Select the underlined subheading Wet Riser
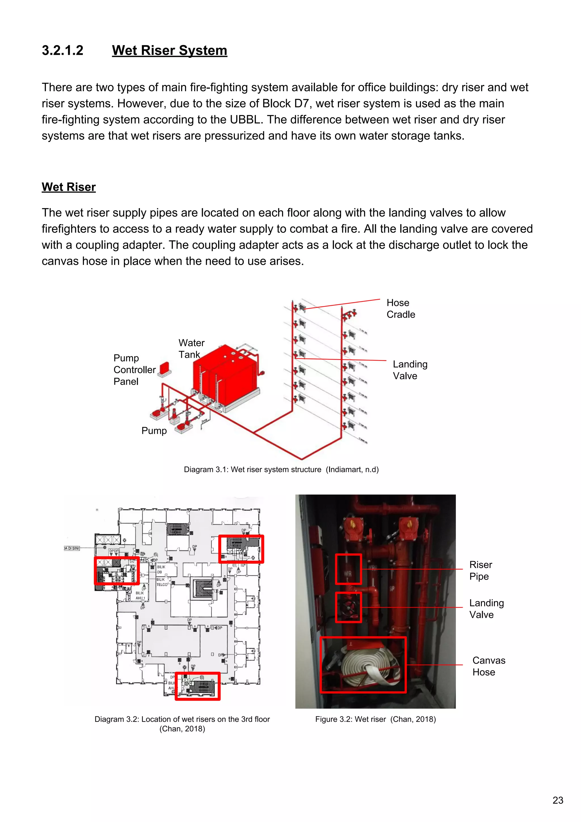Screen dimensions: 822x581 (69, 187)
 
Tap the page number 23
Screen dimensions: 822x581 (558, 800)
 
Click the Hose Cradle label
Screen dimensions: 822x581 (400, 309)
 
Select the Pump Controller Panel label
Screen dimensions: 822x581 (134, 370)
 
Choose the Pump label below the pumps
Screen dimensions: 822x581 (154, 431)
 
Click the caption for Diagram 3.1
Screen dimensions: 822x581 (281, 469)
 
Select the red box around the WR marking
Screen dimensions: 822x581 (348, 569)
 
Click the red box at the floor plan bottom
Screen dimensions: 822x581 (197, 686)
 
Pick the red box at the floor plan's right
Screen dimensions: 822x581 (241, 549)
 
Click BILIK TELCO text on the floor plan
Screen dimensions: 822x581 (162, 582)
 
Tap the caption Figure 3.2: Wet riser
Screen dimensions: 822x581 (375, 719)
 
